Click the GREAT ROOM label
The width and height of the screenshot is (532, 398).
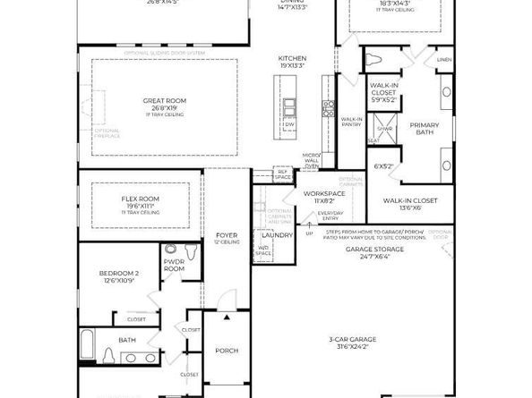click(157, 101)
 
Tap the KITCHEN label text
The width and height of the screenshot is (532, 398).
click(293, 58)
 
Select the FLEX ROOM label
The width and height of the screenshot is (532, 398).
click(140, 199)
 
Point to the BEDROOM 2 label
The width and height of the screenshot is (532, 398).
click(119, 273)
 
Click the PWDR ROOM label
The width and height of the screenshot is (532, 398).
click(174, 266)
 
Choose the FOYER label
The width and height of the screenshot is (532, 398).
click(226, 237)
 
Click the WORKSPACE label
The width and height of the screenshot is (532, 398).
click(322, 193)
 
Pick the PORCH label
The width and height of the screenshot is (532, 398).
click(227, 351)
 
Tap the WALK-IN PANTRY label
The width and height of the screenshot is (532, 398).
click(352, 122)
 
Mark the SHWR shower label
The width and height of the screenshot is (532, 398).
click(384, 129)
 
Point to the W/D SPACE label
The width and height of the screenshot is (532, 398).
click(263, 251)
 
